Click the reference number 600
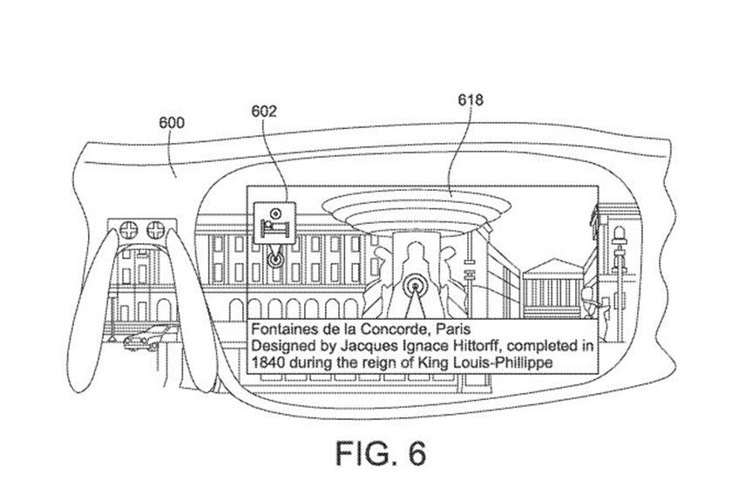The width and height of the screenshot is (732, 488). [172, 123]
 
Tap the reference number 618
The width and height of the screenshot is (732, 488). [471, 100]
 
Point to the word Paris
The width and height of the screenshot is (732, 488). [449, 329]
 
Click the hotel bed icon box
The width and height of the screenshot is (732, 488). [273, 221]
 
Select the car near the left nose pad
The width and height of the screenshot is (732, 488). [146, 336]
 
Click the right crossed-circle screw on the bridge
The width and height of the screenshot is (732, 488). [157, 230]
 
